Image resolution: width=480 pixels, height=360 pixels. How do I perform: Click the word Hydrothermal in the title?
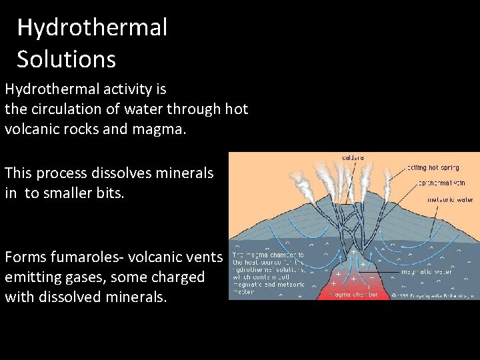coord(92,28)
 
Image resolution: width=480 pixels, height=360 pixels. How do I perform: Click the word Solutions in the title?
coord(66,59)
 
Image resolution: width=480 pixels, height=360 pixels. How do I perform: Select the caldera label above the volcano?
coord(353,158)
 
